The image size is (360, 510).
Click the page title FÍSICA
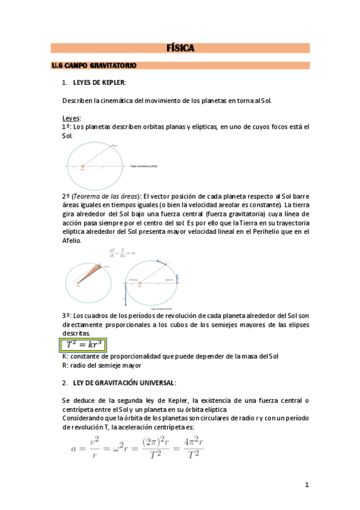180,49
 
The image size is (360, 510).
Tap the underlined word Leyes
72,118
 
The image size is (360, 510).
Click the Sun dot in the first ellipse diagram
82,165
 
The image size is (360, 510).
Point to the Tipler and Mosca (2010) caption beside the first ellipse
143,165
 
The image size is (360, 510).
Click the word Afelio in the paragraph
72,240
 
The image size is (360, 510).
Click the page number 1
307,485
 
